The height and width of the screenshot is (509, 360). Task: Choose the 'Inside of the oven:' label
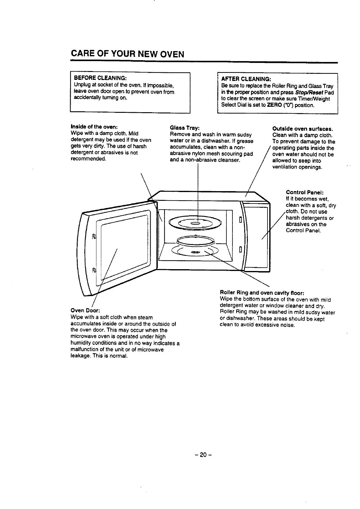[94, 126]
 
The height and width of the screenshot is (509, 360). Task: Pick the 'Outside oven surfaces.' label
[303, 129]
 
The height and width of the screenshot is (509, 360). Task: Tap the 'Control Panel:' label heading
[305, 192]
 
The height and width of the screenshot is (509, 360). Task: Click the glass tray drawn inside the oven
[196, 223]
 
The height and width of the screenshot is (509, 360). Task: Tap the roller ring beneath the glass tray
[195, 241]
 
